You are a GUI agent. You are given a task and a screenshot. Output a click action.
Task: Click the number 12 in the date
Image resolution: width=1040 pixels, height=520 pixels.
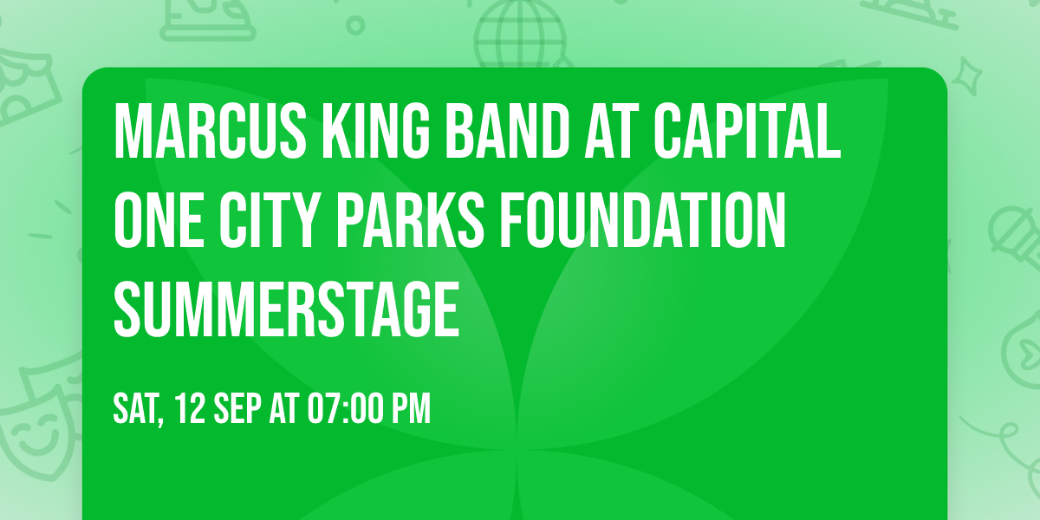click(190, 408)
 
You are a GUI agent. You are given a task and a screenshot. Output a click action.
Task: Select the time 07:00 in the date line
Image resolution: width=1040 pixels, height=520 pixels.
click(348, 408)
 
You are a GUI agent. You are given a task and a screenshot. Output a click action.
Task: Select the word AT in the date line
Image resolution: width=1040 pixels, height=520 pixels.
click(284, 408)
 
